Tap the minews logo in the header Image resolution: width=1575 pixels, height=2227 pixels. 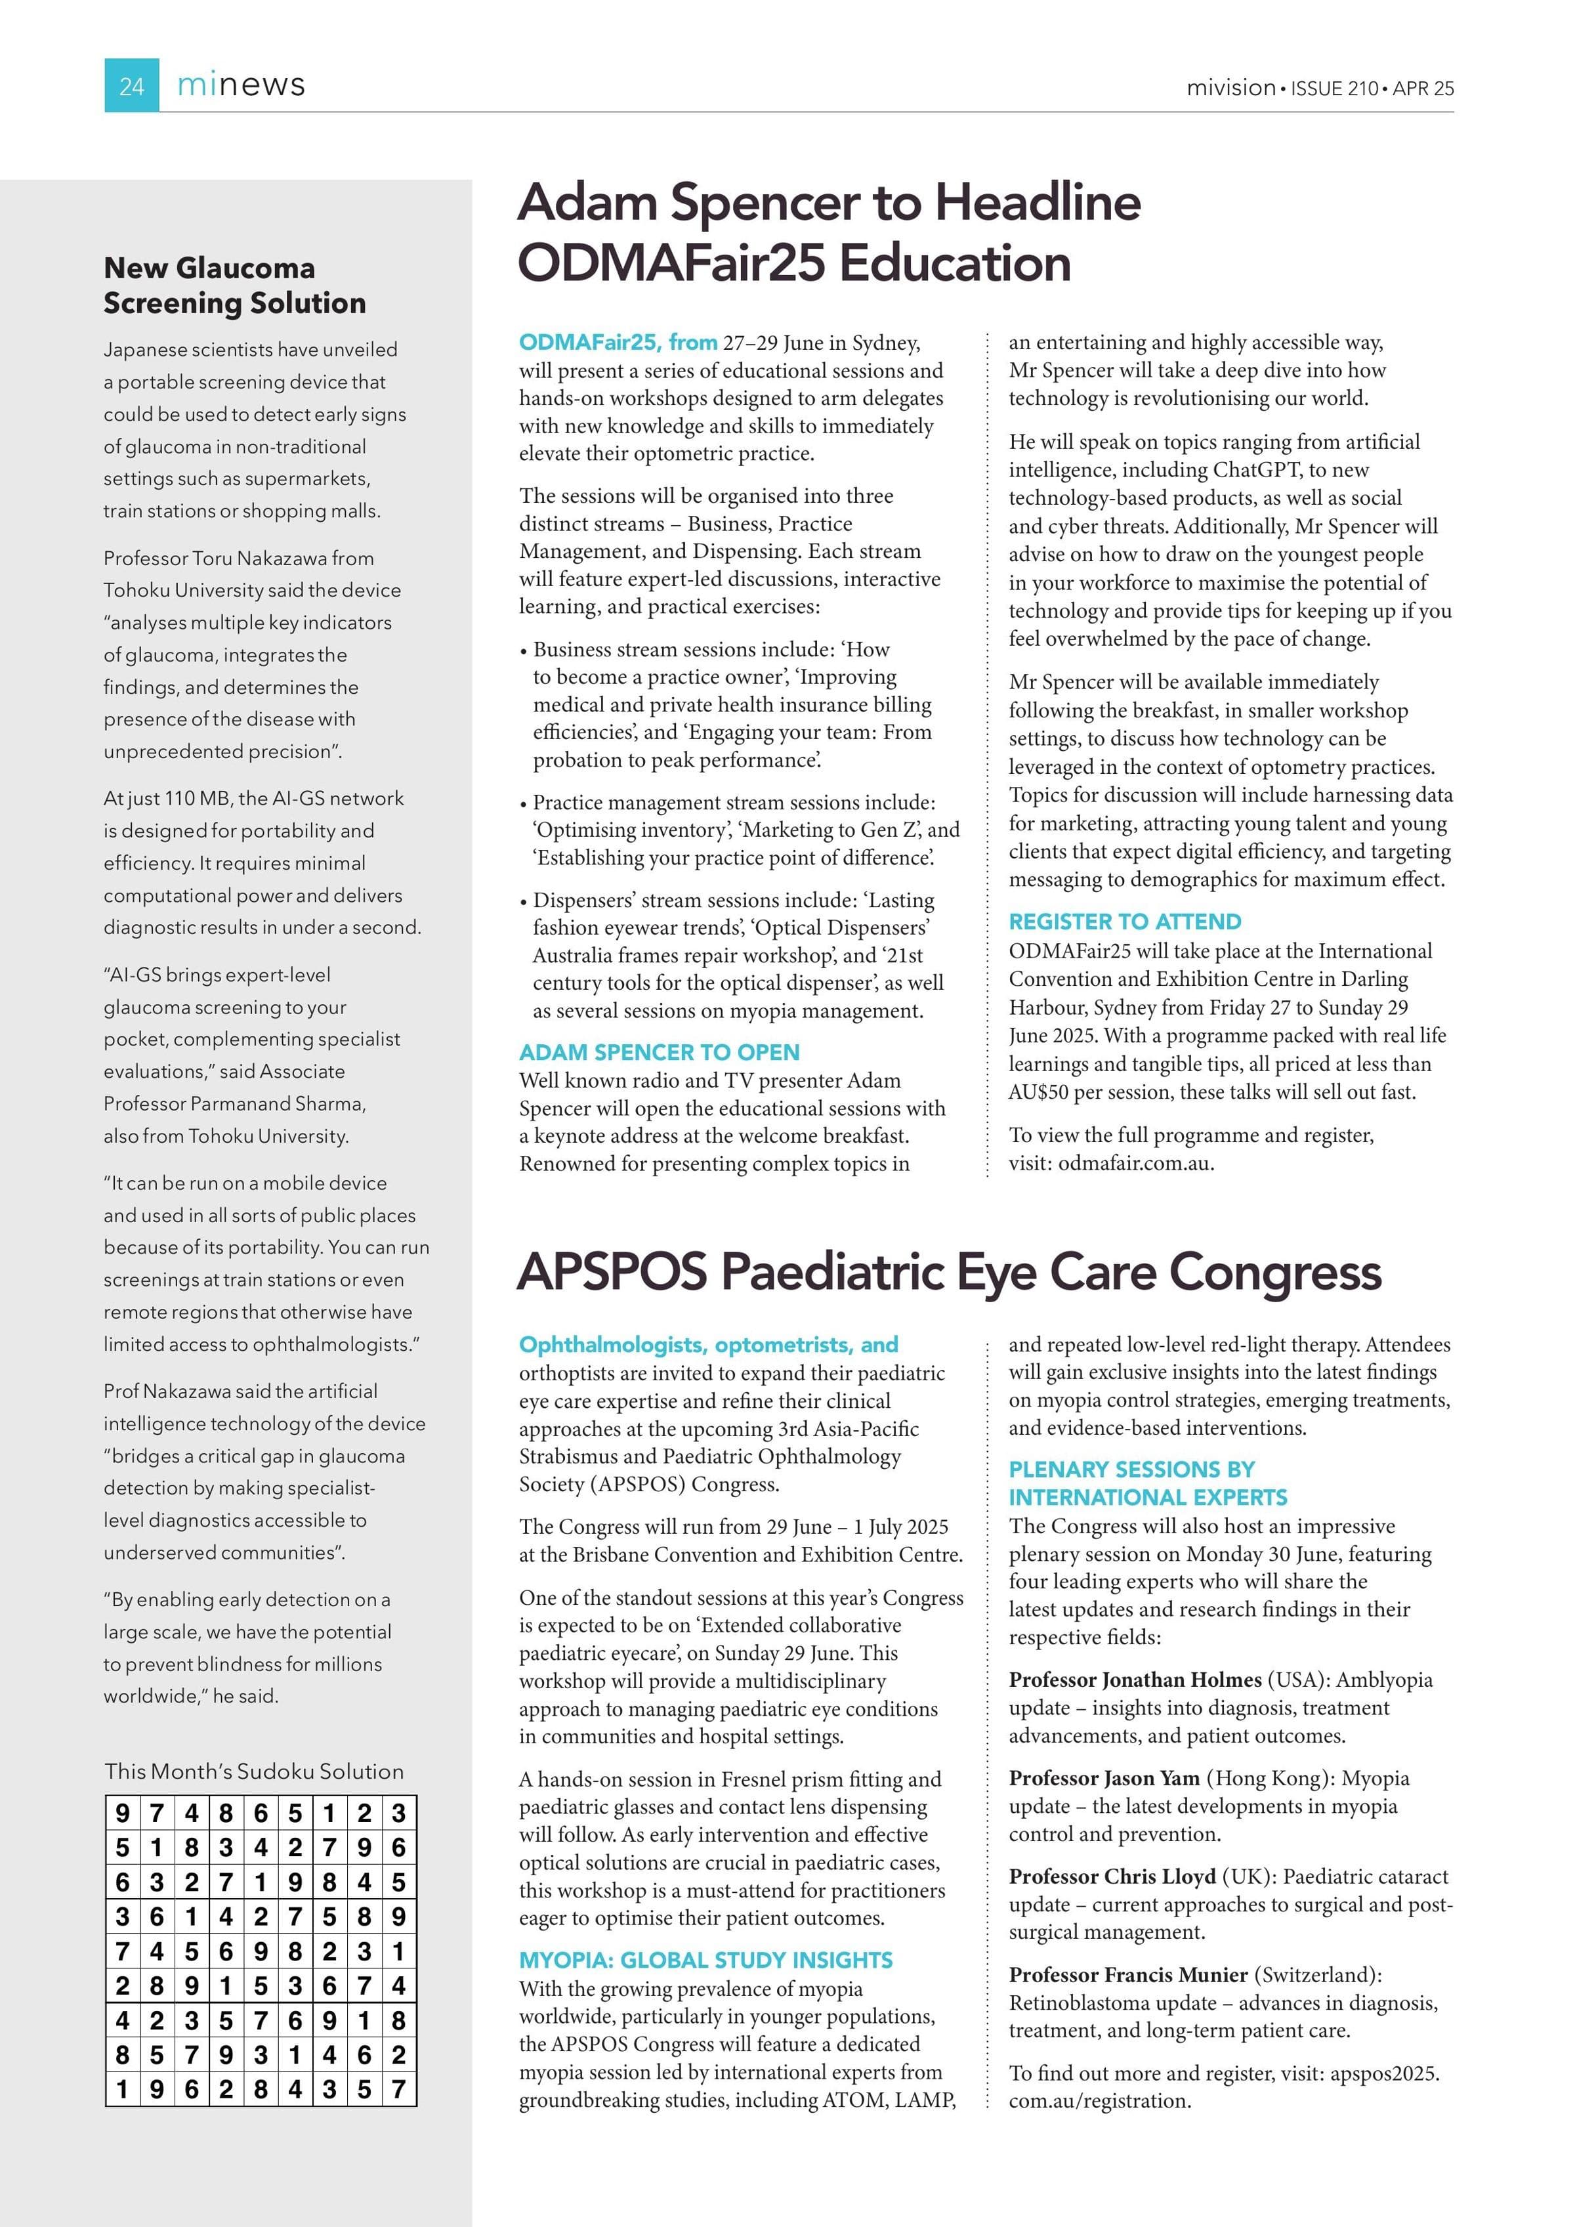coord(241,85)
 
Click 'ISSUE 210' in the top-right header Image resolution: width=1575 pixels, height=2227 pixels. coord(1334,88)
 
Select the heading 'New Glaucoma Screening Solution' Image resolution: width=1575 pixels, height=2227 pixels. coord(235,285)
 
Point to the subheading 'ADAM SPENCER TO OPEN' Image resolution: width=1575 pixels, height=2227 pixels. coord(660,1052)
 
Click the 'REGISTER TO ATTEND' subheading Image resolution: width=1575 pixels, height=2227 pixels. coord(1125,922)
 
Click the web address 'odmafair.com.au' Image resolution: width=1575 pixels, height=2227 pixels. coord(1134,1163)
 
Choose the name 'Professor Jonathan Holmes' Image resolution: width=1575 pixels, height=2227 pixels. coord(1135,1680)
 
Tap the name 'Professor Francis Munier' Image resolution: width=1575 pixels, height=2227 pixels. coord(1128,1975)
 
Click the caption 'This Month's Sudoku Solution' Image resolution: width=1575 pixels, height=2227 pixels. coord(254,1771)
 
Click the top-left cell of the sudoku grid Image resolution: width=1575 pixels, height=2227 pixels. coord(122,1813)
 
